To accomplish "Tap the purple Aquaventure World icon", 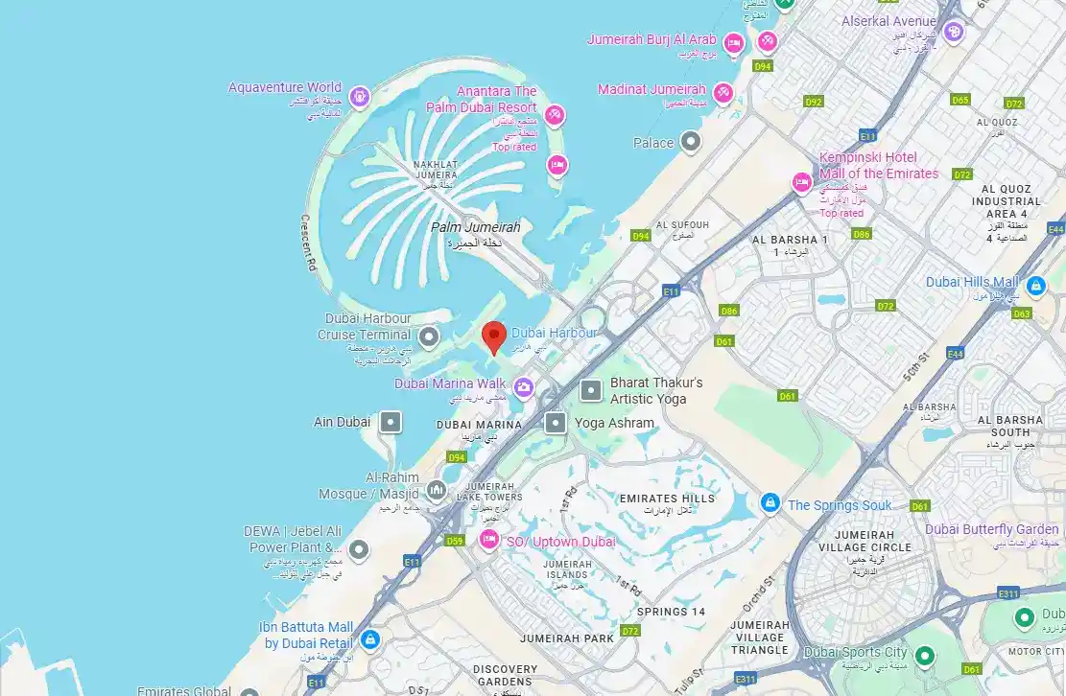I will pos(359,96).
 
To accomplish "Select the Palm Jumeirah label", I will pos(475,228).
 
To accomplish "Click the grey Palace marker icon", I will pos(691,143).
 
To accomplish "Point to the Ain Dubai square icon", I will pos(390,422).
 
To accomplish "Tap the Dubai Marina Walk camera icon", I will pos(523,387).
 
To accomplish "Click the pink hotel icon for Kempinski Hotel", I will pos(801,182).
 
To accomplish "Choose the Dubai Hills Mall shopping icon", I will pos(1035,286).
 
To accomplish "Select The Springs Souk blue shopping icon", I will pos(770,502).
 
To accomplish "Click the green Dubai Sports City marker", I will pos(925,656).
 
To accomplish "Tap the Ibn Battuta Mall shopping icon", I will pos(370,639).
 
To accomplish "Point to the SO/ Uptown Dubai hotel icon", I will pos(489,540).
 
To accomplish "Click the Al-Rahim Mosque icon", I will pos(437,491).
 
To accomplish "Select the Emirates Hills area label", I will pos(667,499).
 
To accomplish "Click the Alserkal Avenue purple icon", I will pos(953,33).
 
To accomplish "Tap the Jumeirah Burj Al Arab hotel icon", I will pos(734,43).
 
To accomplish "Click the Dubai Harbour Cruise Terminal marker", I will pos(429,336).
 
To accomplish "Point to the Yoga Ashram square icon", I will pos(556,422).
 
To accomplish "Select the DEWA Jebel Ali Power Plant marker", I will pos(358,550).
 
